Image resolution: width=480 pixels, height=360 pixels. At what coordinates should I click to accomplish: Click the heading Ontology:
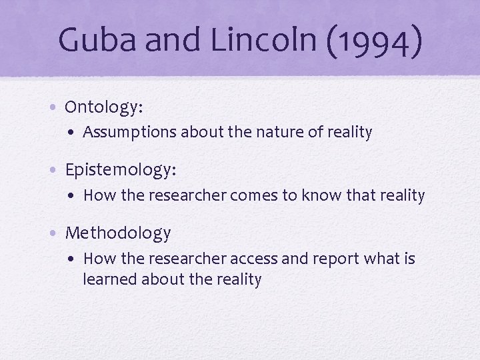(x=104, y=107)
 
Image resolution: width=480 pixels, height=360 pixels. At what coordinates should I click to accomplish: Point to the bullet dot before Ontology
(x=56, y=107)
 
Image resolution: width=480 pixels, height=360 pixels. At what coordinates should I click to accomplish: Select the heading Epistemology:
(x=121, y=170)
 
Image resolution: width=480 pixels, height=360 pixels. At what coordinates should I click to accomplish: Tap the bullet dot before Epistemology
(x=56, y=170)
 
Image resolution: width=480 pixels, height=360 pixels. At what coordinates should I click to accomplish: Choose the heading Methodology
(x=118, y=233)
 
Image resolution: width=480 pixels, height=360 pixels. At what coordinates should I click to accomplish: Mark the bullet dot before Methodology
(x=56, y=233)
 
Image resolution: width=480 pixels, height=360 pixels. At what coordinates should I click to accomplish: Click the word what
(x=380, y=259)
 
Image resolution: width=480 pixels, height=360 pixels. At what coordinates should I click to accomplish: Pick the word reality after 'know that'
(x=400, y=195)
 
